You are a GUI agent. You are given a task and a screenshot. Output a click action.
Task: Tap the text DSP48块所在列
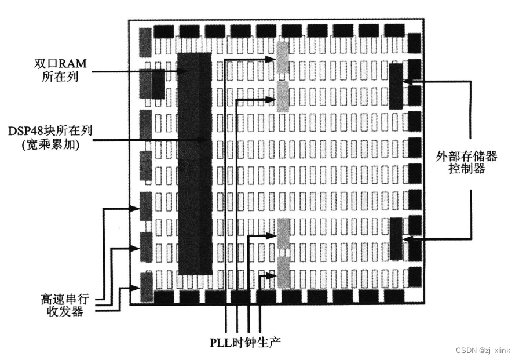44,130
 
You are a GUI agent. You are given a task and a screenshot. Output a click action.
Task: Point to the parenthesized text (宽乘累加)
44,144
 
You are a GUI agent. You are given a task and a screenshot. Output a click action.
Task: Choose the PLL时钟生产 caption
245,341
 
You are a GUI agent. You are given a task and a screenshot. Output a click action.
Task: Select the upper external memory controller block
396,86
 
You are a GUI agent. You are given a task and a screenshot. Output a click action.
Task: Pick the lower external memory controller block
396,238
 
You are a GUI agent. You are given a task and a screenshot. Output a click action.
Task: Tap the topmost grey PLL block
283,57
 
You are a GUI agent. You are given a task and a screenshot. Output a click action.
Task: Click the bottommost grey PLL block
283,272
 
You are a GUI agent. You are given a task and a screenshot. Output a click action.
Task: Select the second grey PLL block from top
283,96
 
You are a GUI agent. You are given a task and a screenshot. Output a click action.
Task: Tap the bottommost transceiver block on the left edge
146,286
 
